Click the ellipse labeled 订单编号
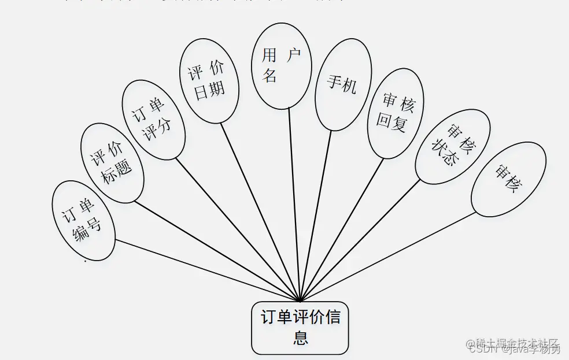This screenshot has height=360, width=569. (84, 220)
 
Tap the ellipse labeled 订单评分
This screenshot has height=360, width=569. (153, 120)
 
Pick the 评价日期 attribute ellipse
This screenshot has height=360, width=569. (209, 81)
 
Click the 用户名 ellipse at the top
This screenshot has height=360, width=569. (282, 65)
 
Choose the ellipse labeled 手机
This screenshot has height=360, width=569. (343, 85)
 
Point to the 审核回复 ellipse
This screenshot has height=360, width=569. (396, 113)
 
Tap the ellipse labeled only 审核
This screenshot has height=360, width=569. (508, 179)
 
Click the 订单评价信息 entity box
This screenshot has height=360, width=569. (300, 328)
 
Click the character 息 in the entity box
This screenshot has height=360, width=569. (300, 337)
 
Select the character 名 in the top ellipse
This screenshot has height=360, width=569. (270, 76)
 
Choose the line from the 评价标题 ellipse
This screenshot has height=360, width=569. (220, 251)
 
